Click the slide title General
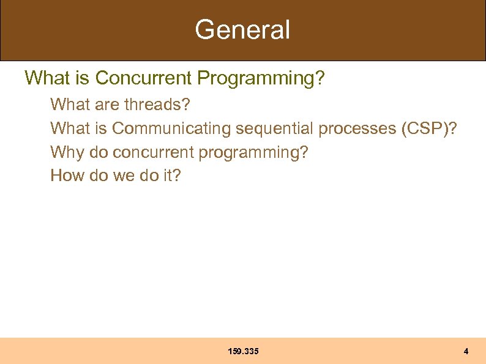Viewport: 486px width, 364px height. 242,29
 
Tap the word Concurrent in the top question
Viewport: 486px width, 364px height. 144,78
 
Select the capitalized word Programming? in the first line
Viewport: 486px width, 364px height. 261,78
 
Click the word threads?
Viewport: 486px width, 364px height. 157,105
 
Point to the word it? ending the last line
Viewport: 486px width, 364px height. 171,176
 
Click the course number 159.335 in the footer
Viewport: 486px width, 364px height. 243,351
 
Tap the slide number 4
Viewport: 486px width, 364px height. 466,351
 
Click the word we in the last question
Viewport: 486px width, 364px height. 123,176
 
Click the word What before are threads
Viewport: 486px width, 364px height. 69,105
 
